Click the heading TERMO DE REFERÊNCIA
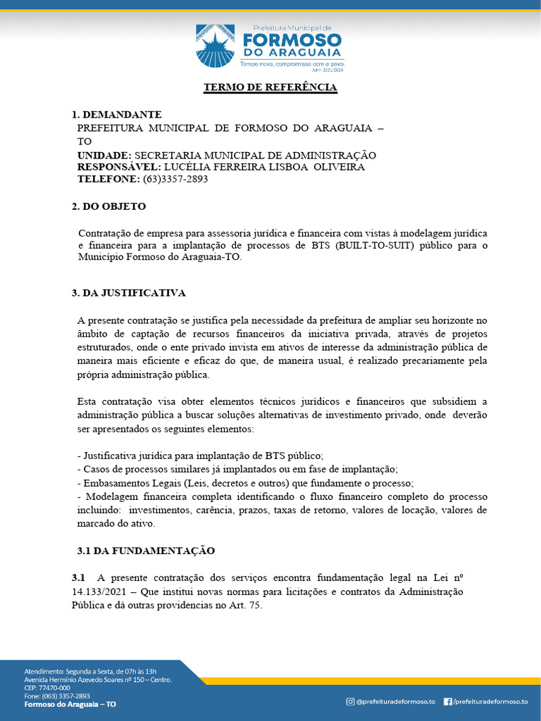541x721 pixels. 270,88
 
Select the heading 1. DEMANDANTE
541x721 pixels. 117,114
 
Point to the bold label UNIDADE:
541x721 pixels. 104,155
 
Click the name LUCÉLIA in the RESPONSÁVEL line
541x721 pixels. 188,167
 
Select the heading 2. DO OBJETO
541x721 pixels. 109,206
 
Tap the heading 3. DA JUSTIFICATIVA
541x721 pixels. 129,292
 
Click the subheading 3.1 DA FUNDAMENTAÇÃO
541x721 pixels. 145,550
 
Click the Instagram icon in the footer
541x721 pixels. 350,701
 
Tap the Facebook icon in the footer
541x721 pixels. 447,701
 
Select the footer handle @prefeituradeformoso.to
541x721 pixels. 396,701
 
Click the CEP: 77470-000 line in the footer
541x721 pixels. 47,688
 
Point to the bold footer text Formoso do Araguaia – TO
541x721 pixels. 70,704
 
